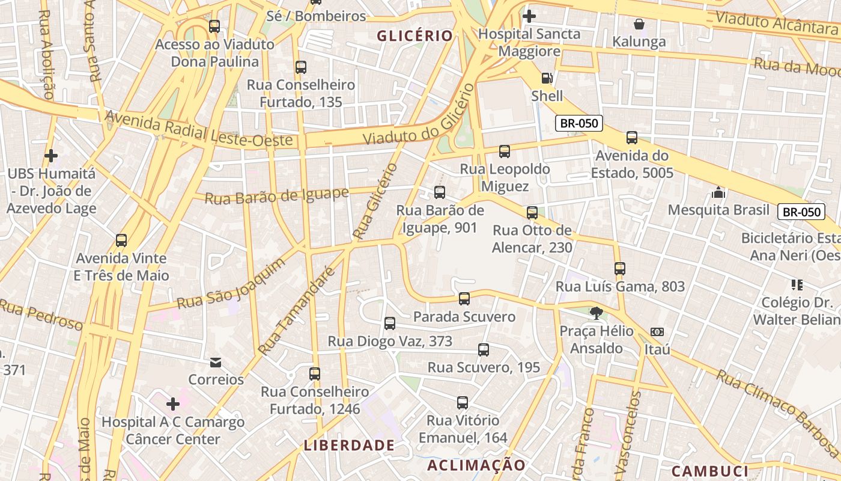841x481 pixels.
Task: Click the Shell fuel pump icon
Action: [x=547, y=78]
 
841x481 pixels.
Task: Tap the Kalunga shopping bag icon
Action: [x=639, y=25]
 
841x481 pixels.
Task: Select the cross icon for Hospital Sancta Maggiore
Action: [x=529, y=16]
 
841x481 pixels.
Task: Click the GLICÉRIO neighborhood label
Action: [x=414, y=36]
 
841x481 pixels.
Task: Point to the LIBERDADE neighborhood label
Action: [x=349, y=446]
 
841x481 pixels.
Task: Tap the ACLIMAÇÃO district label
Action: [x=476, y=465]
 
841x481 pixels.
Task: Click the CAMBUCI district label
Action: [x=709, y=471]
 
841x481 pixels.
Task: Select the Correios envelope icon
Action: [x=216, y=363]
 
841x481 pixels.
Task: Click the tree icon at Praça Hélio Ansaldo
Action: [x=596, y=313]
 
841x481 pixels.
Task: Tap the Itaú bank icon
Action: [x=657, y=332]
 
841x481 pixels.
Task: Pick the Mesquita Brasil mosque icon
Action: [x=718, y=193]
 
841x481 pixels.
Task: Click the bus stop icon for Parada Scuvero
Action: [x=464, y=299]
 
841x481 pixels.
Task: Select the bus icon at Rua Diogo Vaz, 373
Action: [x=390, y=323]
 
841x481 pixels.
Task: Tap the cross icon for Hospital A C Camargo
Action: [x=173, y=404]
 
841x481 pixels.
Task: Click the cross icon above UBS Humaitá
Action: [x=51, y=156]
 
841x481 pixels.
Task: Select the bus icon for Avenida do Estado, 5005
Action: [x=632, y=138]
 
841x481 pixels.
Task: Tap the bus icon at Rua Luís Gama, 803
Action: [x=620, y=269]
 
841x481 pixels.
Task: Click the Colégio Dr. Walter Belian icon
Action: [x=797, y=284]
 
